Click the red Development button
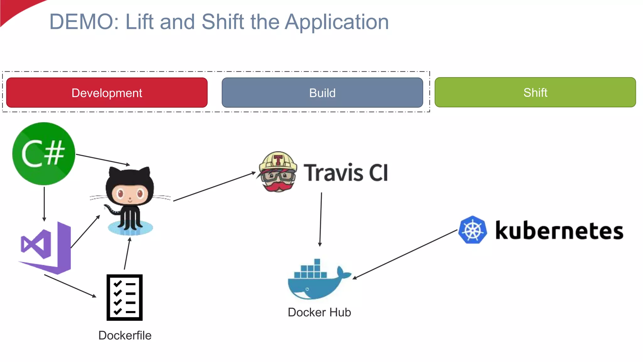coord(107,93)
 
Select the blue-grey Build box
coord(322,93)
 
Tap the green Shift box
coord(535,92)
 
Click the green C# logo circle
coord(44,154)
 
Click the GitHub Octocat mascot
coord(130,201)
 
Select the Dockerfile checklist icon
coord(125,297)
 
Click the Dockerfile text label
coord(125,335)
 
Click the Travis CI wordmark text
coord(346,173)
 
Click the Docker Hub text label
coord(319,312)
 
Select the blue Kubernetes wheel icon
coord(473,230)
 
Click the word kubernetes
coord(559,231)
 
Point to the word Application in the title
coord(337,22)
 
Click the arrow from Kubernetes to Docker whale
coord(405,254)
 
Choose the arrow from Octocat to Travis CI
coord(214,186)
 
